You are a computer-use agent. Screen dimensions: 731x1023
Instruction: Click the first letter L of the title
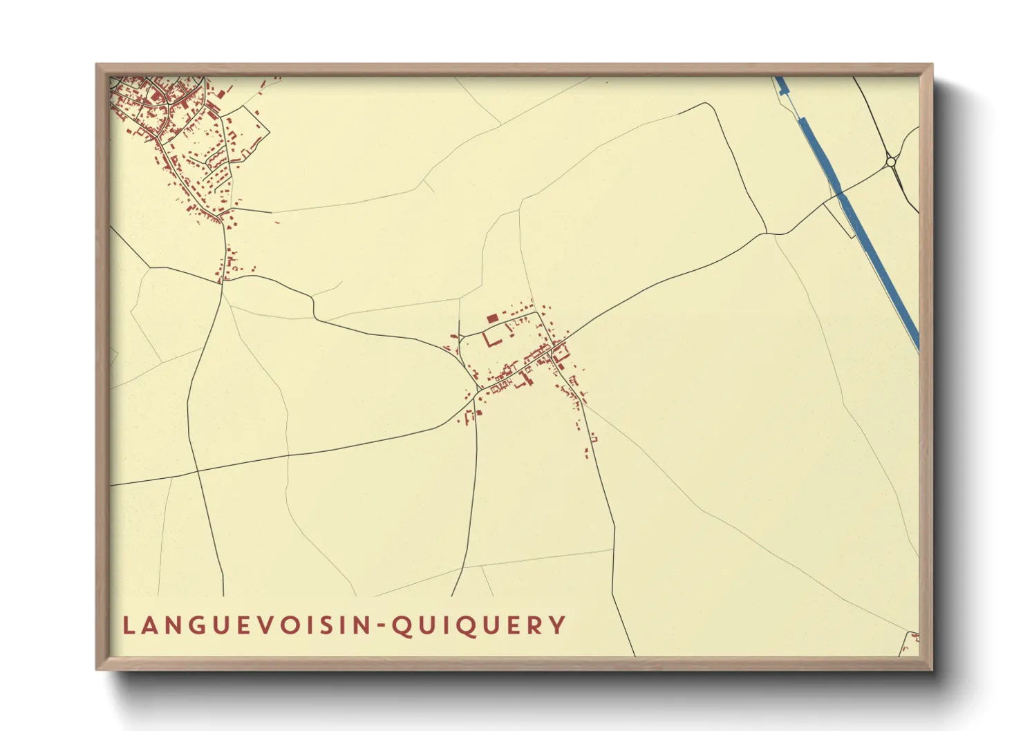click(x=128, y=625)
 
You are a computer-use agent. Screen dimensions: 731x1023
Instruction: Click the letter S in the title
click(x=326, y=625)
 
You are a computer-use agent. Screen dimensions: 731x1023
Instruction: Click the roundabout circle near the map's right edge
click(x=891, y=162)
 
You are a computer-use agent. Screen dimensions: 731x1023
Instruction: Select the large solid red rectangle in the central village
click(x=492, y=318)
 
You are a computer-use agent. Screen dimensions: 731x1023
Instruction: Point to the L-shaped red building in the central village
click(x=493, y=341)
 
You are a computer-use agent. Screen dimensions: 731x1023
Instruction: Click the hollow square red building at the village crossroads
click(x=561, y=352)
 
